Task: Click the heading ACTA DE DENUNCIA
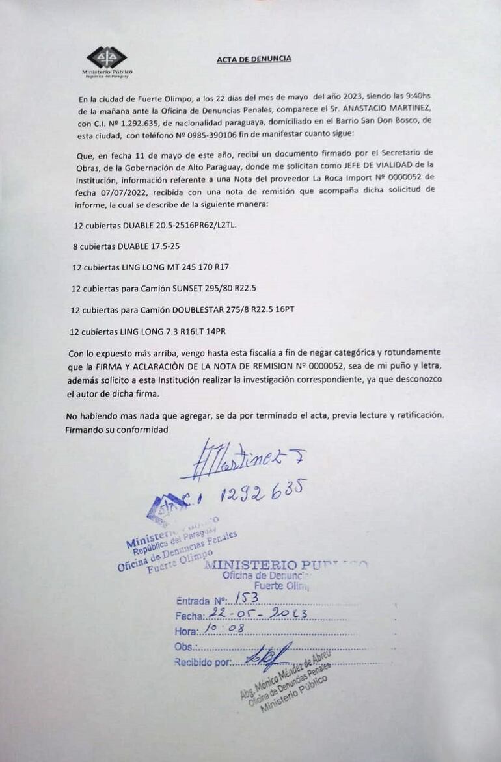coord(254,59)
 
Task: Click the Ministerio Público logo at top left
coord(107,60)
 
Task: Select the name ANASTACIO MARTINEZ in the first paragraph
coord(394,109)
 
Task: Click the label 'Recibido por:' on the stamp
coord(203,663)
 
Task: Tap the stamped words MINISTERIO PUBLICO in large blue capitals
coord(286,565)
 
